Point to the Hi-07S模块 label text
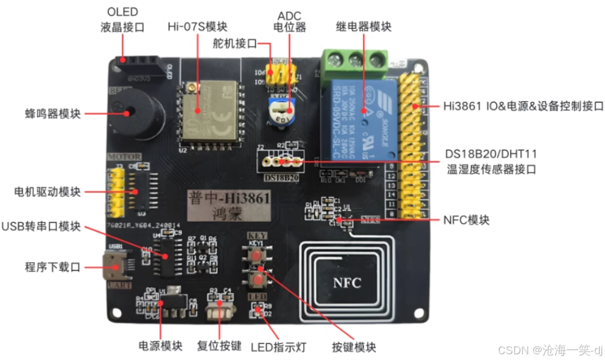(197, 27)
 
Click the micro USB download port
(112, 268)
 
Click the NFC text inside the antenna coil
(347, 283)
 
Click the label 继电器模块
(363, 27)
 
